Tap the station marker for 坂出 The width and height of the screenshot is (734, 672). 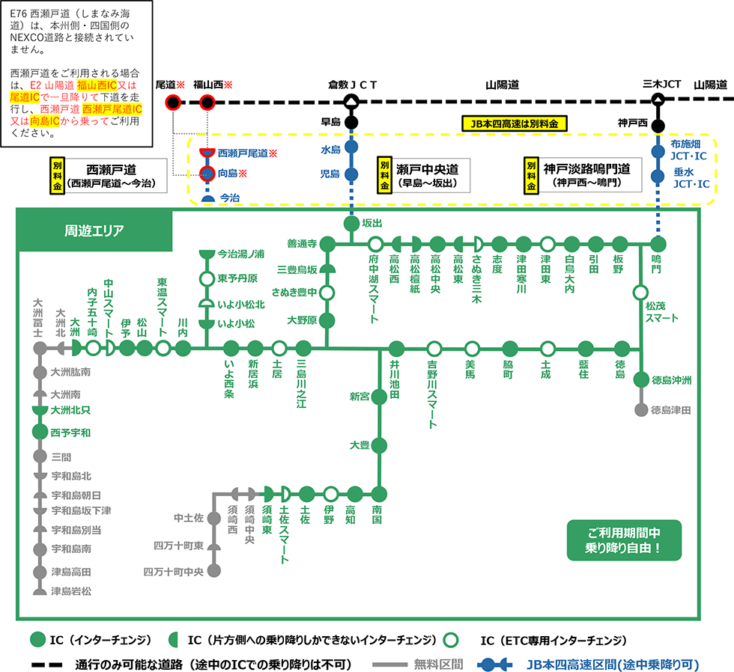(x=351, y=224)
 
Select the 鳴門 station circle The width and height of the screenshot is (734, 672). (x=658, y=243)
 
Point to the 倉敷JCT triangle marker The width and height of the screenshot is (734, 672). (x=351, y=101)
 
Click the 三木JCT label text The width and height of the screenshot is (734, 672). (x=661, y=84)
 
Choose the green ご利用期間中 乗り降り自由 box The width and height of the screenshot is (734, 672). (x=624, y=540)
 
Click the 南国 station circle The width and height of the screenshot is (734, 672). (x=378, y=494)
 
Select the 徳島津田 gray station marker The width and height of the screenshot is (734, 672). (x=640, y=409)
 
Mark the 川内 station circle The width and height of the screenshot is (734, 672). (x=183, y=348)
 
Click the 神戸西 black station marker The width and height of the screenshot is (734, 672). (x=657, y=125)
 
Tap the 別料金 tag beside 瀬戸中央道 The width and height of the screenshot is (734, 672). (x=384, y=175)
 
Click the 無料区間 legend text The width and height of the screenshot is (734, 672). (x=438, y=663)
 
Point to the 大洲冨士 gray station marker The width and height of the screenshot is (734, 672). (x=39, y=348)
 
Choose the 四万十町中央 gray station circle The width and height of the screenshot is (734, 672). (x=214, y=572)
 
